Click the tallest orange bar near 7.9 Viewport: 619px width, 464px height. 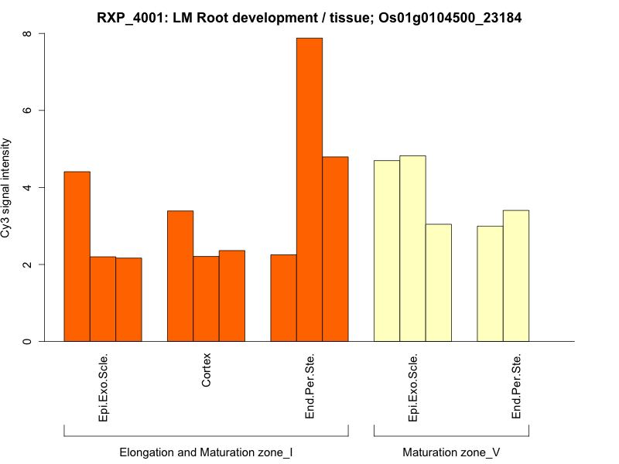click(309, 189)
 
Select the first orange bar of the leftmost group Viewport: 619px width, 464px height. click(77, 256)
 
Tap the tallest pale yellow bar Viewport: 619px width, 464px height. click(412, 248)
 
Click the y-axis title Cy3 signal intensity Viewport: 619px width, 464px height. click(7, 188)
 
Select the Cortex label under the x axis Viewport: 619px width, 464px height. click(207, 370)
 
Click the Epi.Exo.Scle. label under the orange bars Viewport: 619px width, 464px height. click(103, 387)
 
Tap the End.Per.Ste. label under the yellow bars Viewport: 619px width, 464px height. click(516, 387)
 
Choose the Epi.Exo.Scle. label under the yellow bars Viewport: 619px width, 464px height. click(412, 387)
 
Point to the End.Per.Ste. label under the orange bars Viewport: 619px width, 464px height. click(309, 387)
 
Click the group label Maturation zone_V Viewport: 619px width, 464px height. click(451, 452)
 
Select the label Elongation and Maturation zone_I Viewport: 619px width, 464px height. click(206, 452)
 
